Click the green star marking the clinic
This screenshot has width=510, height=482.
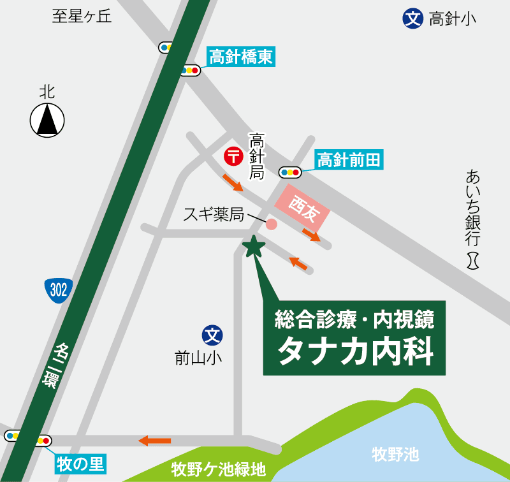coord(254,245)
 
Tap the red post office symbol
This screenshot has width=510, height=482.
coord(233,155)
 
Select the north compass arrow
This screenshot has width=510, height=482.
coord(47,119)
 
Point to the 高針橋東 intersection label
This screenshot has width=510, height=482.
coord(242,58)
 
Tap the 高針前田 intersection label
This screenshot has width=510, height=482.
coord(349,159)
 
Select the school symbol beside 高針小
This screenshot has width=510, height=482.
coord(413,18)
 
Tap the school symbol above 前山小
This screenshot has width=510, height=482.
coord(212,333)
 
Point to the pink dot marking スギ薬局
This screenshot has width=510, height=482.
coord(271,224)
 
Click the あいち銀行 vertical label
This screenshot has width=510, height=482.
coord(472,207)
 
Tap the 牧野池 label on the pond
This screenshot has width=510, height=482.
coord(395,454)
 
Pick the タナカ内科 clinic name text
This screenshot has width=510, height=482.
coord(355,351)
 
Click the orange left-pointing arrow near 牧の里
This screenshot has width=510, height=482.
coord(155,440)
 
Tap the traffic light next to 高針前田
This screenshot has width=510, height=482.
coord(290,172)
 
